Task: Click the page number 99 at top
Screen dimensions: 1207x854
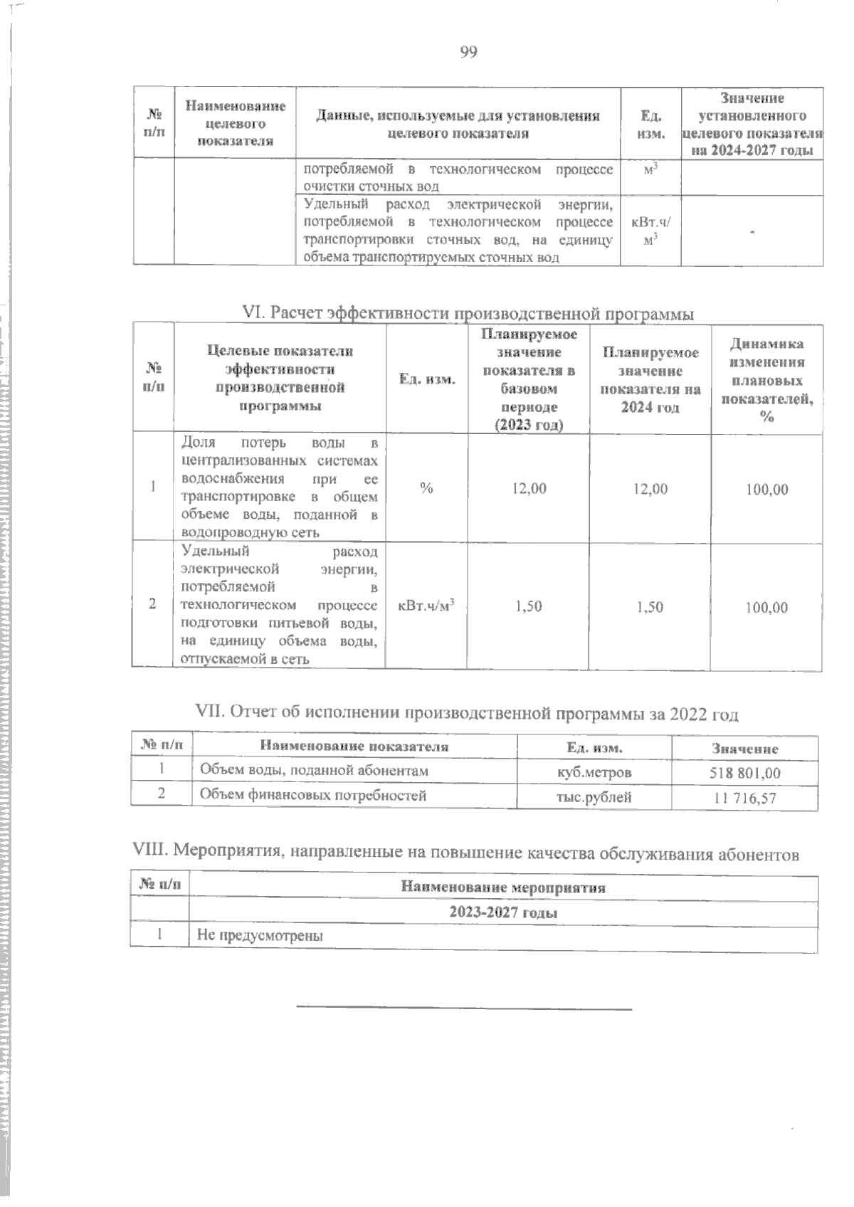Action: point(468,52)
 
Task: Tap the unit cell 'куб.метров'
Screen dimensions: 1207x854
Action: point(594,772)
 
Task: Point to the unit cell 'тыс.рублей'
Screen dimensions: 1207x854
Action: point(594,797)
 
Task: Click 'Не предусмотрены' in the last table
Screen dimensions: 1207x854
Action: point(260,936)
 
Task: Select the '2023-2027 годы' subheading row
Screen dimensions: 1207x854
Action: point(502,912)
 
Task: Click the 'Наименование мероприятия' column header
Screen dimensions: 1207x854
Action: point(502,887)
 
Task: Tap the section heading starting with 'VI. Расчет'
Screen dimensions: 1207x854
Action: point(468,313)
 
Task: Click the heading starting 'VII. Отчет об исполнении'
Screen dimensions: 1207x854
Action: point(466,714)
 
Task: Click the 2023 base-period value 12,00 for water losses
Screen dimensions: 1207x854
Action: point(529,488)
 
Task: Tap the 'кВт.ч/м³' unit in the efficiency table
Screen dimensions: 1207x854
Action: point(426,606)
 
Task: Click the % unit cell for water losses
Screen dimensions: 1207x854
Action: point(426,488)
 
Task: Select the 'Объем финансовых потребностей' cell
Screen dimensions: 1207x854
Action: point(313,796)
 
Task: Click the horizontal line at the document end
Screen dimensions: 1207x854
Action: point(463,1008)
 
